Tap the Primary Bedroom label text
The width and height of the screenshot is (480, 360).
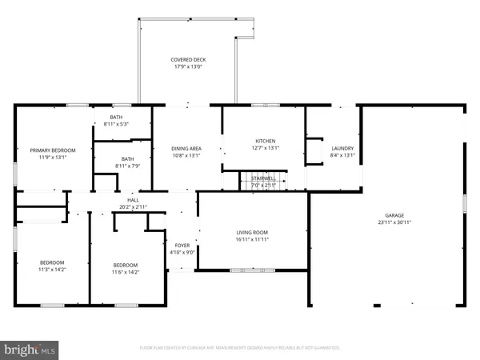click(x=53, y=150)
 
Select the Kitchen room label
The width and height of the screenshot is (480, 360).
click(x=265, y=140)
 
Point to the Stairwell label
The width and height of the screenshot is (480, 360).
click(x=264, y=178)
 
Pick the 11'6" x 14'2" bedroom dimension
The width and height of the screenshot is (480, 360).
click(x=125, y=272)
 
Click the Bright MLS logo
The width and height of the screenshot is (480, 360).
click(x=30, y=349)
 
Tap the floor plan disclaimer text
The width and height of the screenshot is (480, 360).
click(x=240, y=348)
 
